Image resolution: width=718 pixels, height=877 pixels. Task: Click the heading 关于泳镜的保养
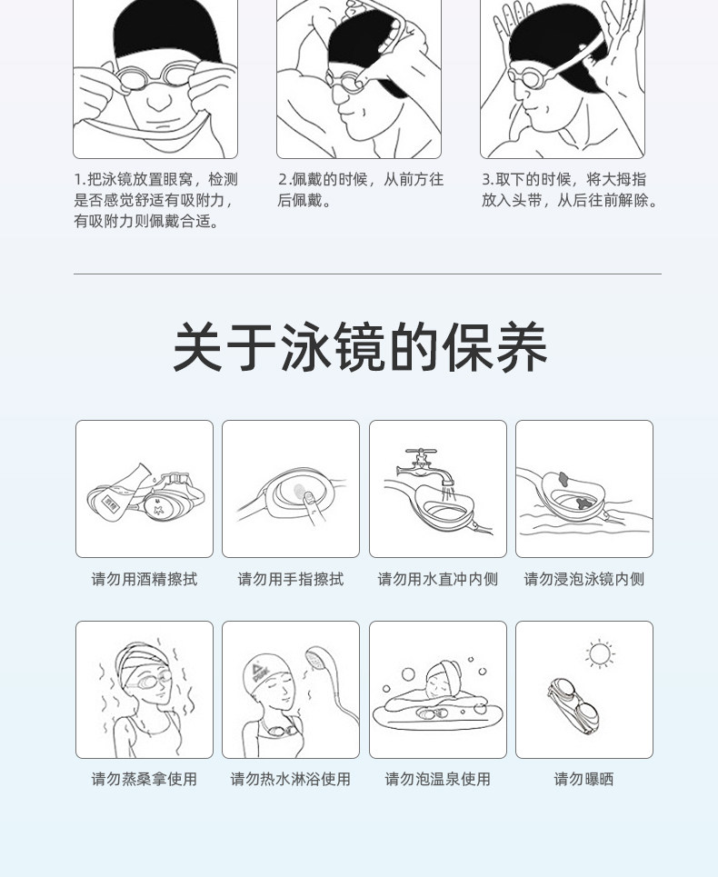click(360, 347)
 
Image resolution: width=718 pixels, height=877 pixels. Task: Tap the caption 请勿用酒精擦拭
click(145, 579)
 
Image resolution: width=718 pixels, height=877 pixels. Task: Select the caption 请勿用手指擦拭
click(290, 579)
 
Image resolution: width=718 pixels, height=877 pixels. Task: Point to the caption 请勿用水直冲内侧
click(437, 579)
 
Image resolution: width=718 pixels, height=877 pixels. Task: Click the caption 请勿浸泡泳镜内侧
click(583, 579)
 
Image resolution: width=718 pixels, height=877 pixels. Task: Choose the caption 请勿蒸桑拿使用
click(145, 779)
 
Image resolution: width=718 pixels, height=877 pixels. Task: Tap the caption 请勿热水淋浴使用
click(290, 779)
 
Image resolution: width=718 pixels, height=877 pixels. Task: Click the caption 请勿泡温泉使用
click(437, 779)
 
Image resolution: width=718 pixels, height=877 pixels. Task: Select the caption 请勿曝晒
click(583, 779)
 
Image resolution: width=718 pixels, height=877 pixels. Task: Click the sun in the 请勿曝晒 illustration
click(600, 653)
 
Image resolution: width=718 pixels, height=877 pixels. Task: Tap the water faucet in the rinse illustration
click(425, 465)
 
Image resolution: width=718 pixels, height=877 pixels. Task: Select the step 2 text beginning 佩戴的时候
click(361, 190)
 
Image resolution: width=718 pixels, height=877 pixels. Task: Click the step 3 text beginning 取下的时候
click(570, 190)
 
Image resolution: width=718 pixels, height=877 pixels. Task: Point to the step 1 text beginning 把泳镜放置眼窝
click(156, 200)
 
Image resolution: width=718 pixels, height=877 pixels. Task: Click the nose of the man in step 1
click(159, 100)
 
